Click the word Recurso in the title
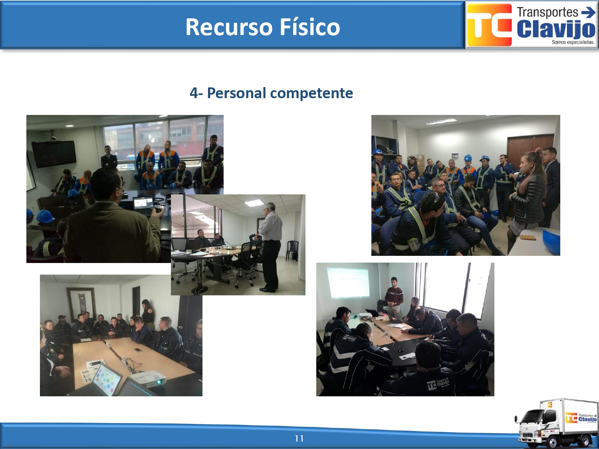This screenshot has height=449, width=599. coord(229,27)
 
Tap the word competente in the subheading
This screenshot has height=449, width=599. coord(311,93)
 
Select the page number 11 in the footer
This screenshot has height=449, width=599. coord(299,438)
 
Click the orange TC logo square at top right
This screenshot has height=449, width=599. coord(489,25)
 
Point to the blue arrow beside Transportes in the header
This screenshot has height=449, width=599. coord(588,12)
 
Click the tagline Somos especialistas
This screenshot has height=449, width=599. coord(573,42)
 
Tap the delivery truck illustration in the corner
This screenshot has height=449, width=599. coord(556,423)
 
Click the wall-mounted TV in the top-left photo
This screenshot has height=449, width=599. coord(54,154)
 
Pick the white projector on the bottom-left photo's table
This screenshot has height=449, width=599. coord(149,379)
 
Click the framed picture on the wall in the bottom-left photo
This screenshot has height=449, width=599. coord(81,304)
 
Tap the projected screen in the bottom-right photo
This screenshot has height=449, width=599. coord(349,283)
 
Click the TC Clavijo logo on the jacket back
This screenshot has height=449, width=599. coord(438,384)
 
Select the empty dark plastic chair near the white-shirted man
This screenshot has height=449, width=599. coord(292,250)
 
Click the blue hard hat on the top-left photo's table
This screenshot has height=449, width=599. coord(45,216)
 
